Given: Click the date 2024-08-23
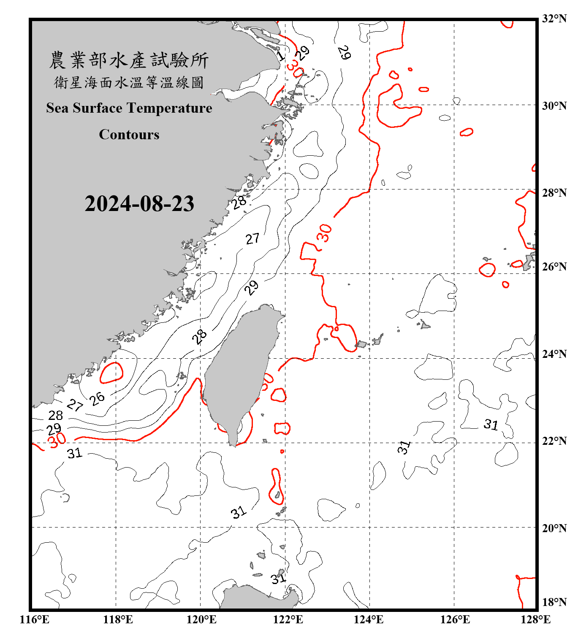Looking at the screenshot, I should point(139,203).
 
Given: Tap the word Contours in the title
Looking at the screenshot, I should point(129,135).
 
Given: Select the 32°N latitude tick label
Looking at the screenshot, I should point(554,19).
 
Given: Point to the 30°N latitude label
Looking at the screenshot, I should point(554,105).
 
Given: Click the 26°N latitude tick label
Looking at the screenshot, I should point(554,267).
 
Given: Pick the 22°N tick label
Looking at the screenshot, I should point(554,441).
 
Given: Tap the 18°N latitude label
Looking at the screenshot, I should point(554,602).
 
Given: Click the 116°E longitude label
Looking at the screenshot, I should point(35,619).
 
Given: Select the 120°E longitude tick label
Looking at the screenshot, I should point(201,619).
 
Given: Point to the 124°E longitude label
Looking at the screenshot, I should point(369,619).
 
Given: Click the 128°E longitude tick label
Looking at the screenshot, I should point(535,619).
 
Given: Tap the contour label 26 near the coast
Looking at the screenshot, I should point(97,398).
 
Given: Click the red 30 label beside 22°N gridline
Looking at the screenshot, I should point(57,441).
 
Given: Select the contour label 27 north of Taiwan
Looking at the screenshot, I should point(252,239).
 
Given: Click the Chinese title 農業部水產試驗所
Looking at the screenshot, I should point(129,60).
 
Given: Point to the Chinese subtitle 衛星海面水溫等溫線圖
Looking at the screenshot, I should point(129,82).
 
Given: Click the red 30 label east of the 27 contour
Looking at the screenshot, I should point(324,233).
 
